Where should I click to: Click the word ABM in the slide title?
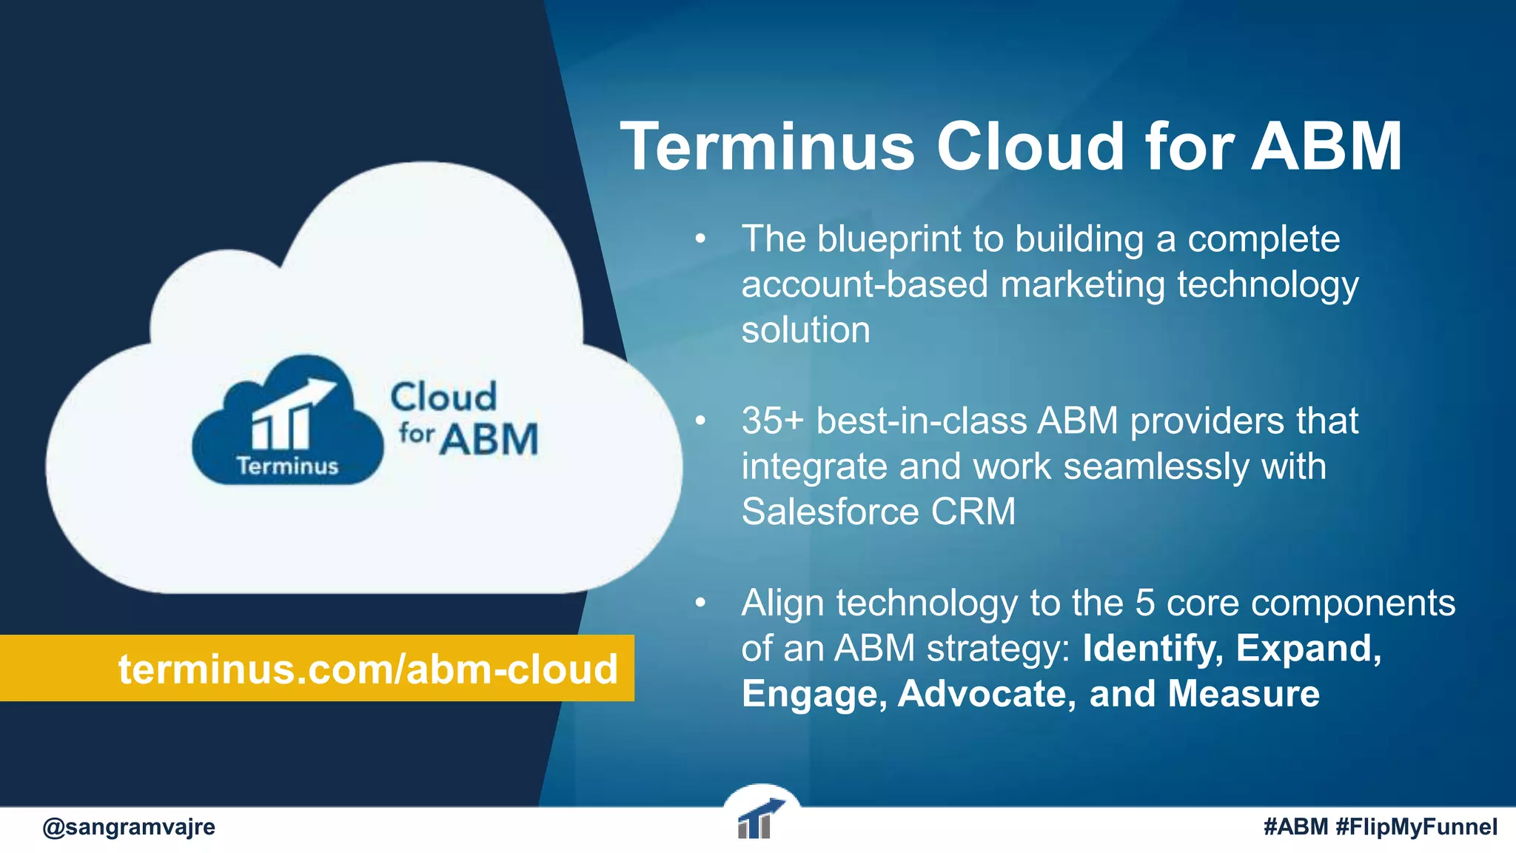point(1326,147)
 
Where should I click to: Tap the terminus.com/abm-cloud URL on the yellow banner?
point(368,669)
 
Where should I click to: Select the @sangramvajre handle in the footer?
point(129,826)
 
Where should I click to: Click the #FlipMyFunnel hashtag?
point(1417,826)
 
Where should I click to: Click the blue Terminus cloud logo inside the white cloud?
point(287,422)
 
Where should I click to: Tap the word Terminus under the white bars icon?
point(287,466)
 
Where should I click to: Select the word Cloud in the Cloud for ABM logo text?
point(443,398)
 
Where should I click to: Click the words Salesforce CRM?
point(878,512)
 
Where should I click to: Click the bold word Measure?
point(1244,695)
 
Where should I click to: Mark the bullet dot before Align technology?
point(700,603)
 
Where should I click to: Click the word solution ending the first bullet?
point(805,330)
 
